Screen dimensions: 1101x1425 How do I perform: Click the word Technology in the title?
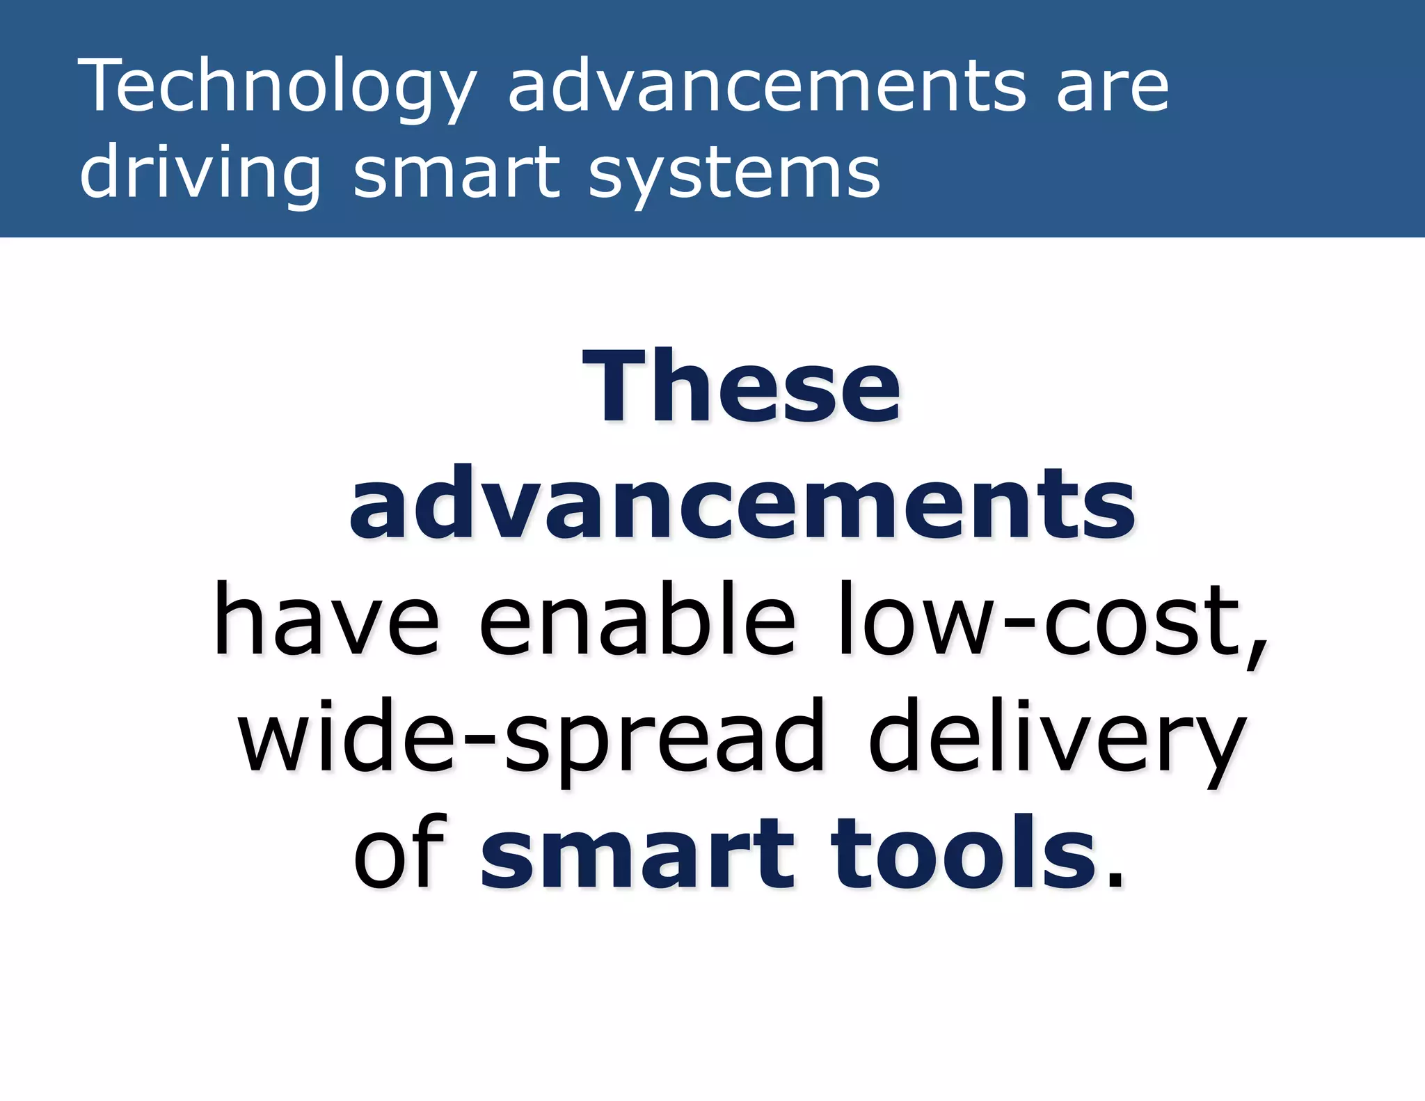click(x=277, y=87)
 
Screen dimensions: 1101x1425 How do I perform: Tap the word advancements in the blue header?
click(x=767, y=87)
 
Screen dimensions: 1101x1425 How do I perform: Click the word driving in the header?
click(x=200, y=174)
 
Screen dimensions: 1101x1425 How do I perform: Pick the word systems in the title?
click(x=734, y=174)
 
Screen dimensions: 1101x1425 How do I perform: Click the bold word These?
click(x=742, y=387)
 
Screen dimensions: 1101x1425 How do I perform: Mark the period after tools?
click(x=1115, y=882)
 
